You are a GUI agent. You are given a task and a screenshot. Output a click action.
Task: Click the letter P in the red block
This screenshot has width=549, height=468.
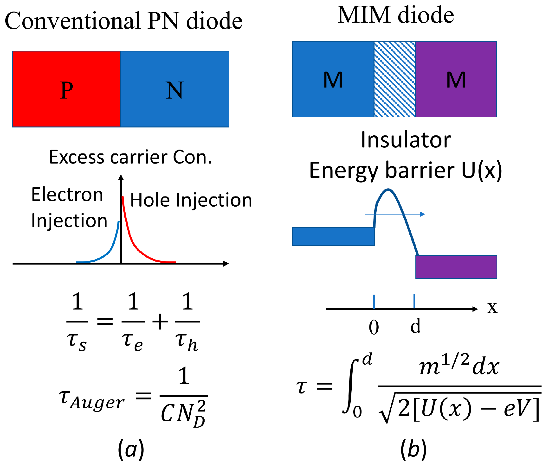coord(66,90)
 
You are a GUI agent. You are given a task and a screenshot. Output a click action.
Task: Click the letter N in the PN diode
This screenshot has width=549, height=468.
coord(174,90)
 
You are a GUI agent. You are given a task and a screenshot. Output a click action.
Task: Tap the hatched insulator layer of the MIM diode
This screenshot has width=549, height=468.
coord(394,79)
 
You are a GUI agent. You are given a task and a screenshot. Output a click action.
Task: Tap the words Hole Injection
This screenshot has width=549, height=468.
coord(191,200)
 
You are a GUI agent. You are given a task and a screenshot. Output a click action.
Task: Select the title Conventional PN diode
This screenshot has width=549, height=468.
coord(123,21)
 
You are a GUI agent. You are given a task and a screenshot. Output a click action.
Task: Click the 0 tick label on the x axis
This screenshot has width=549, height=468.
coord(374,328)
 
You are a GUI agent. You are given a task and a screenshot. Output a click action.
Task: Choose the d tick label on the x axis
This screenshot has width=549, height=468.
coord(415,326)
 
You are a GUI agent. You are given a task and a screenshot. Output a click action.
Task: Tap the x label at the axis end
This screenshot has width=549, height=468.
coord(492,308)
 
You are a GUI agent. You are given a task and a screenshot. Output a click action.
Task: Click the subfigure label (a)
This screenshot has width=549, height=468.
coord(131,449)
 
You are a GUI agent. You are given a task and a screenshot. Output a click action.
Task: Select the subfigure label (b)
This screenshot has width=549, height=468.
coord(413,449)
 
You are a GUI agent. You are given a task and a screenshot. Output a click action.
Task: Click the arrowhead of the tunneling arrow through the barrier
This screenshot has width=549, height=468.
coord(423,214)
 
